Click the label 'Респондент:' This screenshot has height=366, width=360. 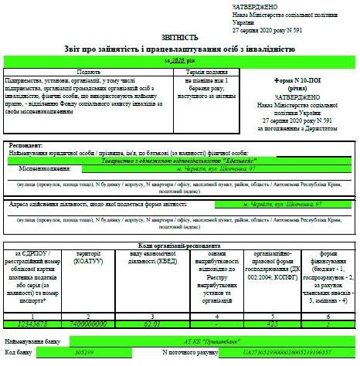[x=29, y=145]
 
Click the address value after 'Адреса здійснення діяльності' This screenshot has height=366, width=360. [x=280, y=205]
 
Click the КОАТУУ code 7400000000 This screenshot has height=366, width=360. [x=85, y=323]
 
